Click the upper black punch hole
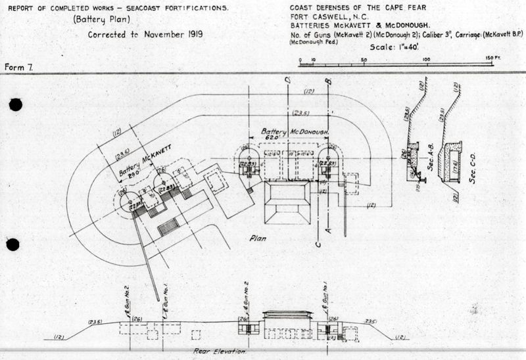pos(15,104)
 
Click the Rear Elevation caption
pos(220,351)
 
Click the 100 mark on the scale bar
pos(426,60)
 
